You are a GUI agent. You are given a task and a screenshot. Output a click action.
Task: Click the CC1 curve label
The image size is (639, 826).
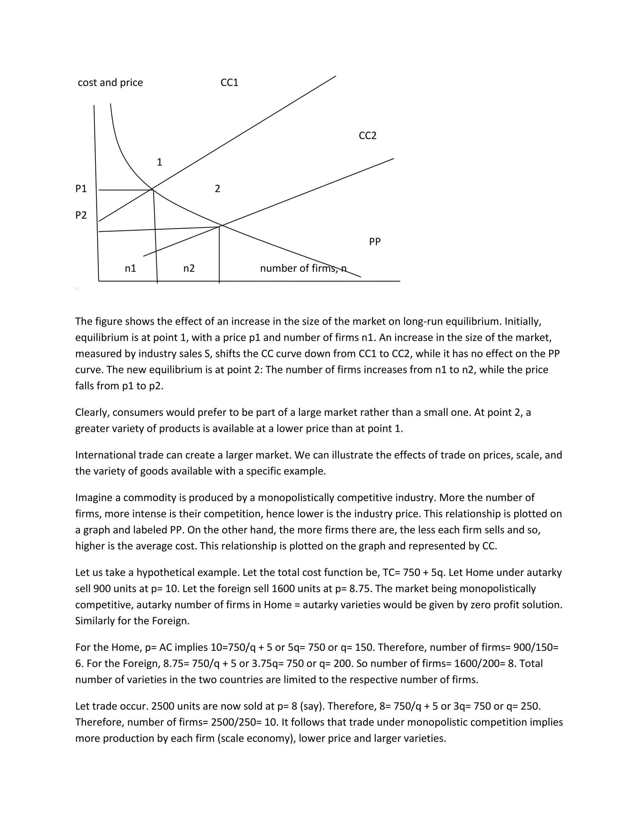click(x=229, y=83)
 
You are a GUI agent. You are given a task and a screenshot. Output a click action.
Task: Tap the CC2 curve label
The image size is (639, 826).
click(x=368, y=135)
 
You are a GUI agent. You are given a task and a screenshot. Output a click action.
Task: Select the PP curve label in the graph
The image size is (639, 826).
click(x=375, y=241)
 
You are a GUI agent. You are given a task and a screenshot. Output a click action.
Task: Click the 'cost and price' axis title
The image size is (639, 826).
click(x=110, y=83)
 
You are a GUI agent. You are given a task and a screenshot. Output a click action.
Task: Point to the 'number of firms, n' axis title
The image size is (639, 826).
click(x=303, y=268)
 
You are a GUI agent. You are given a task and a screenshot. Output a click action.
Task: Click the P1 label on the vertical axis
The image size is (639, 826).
click(x=81, y=188)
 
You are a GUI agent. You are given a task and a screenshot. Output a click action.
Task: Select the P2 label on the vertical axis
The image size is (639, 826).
click(x=81, y=215)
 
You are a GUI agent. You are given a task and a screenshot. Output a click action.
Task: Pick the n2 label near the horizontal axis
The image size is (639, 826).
click(x=189, y=268)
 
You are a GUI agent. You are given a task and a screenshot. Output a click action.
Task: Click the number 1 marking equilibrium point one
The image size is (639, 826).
click(x=159, y=162)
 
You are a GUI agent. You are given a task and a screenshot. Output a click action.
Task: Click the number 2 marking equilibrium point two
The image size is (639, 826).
click(x=217, y=188)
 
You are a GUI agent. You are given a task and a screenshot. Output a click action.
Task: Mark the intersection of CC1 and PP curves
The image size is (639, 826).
click(x=152, y=188)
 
